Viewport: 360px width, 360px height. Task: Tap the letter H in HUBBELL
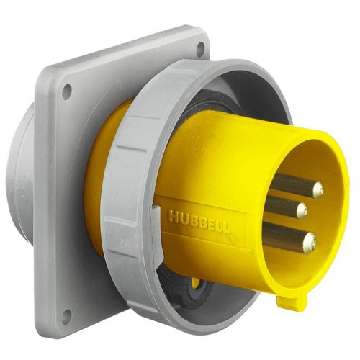[x=172, y=215]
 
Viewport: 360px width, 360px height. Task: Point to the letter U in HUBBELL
[x=183, y=218]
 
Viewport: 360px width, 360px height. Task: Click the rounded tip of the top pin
[x=318, y=189]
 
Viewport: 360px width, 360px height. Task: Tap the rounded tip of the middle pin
[x=302, y=210]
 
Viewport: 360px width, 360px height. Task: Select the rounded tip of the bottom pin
[x=310, y=243]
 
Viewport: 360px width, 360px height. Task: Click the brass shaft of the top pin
[x=293, y=184]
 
